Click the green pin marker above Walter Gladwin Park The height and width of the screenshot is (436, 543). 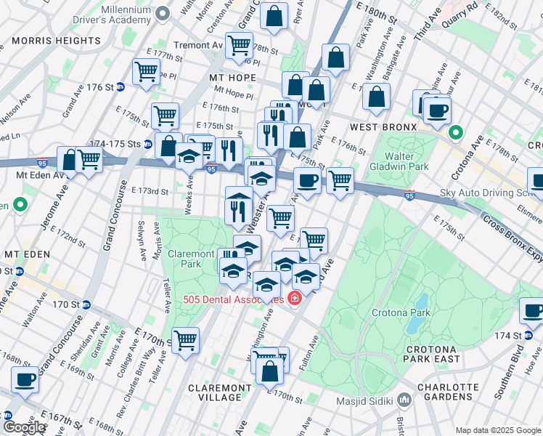coord(456,133)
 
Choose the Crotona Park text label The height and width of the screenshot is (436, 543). coord(401,313)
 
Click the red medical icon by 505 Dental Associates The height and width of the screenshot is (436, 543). coord(295,298)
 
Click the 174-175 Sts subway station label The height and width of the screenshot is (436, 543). coord(119,143)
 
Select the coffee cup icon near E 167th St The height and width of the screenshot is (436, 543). coord(26,380)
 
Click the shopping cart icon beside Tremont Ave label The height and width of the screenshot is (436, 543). coord(239,45)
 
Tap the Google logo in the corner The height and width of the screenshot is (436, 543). coord(24,427)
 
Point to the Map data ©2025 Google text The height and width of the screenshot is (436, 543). coord(497,430)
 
